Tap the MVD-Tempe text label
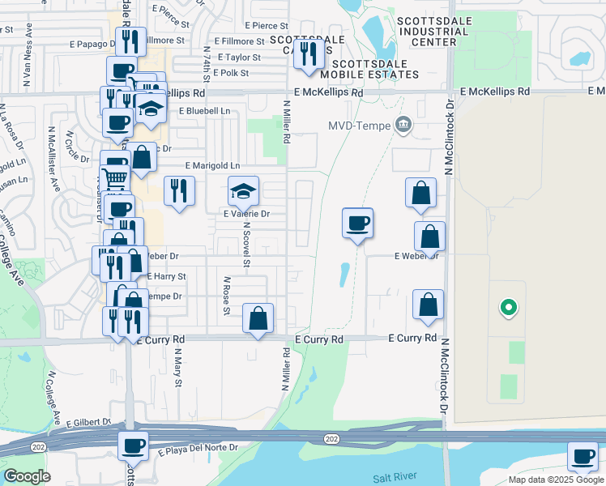point(360,125)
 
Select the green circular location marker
point(508,307)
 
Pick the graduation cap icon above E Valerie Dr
point(243,191)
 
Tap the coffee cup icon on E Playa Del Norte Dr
point(134,445)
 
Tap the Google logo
point(28,475)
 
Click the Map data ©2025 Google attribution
point(555,480)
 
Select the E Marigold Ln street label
point(212,166)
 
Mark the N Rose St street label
point(227,296)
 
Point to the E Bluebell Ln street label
point(204,110)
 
